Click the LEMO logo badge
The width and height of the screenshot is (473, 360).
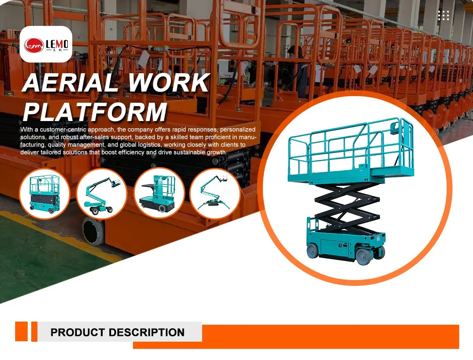46,44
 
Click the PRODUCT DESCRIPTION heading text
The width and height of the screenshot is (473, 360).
117,332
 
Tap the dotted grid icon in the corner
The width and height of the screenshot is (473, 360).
444,16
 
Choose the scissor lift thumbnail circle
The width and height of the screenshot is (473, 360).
44,193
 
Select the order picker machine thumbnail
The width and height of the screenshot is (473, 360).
159,193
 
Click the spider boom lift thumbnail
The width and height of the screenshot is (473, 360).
216,193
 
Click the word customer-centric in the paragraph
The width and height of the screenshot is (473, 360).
63,130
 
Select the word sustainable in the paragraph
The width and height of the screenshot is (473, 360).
187,152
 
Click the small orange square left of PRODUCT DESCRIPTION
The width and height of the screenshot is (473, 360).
21,331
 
